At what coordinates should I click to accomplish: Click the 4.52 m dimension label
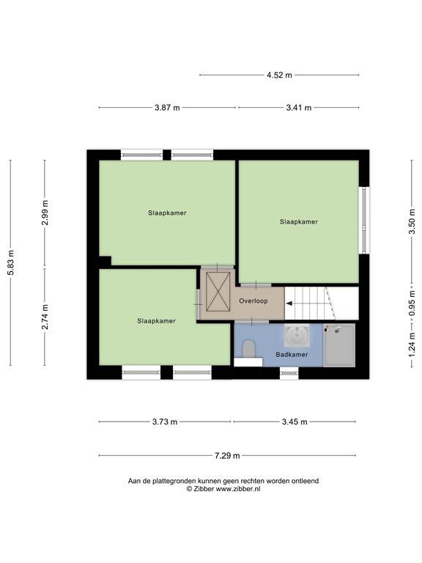click(x=279, y=75)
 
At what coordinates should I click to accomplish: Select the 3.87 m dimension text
click(x=167, y=107)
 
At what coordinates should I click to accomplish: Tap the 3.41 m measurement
click(x=299, y=107)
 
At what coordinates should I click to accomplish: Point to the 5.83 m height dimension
click(x=11, y=262)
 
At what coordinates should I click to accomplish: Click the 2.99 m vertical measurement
click(x=45, y=213)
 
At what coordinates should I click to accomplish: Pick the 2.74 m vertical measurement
click(x=45, y=317)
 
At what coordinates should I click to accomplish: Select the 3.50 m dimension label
click(x=412, y=221)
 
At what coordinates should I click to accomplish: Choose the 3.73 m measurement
click(x=165, y=422)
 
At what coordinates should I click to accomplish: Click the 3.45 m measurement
click(x=295, y=422)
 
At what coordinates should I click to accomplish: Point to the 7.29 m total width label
click(x=227, y=456)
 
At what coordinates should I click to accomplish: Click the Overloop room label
click(x=253, y=301)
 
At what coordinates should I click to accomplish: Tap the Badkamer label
click(x=292, y=354)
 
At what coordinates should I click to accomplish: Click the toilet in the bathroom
click(x=248, y=349)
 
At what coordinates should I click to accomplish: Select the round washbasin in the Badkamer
click(x=297, y=335)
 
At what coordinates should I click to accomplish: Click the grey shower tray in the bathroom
click(x=339, y=345)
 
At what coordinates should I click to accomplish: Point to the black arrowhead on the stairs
click(x=289, y=303)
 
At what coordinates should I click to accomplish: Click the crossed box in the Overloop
click(x=218, y=291)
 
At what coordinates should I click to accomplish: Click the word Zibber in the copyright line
click(x=204, y=489)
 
